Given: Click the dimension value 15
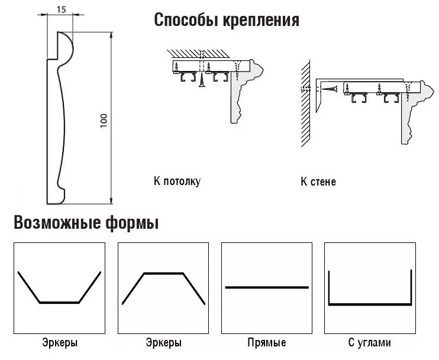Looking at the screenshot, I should coord(62,9).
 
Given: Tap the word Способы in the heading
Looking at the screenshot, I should coord(182,21).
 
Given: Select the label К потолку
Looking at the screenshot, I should coord(176,181).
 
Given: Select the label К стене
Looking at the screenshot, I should coord(318,181).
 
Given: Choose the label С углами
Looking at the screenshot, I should coord(370,343).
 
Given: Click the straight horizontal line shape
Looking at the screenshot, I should coord(267,287).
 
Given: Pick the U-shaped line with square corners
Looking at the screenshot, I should coord(370,303).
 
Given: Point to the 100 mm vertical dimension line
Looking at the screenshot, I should coord(112,118).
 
